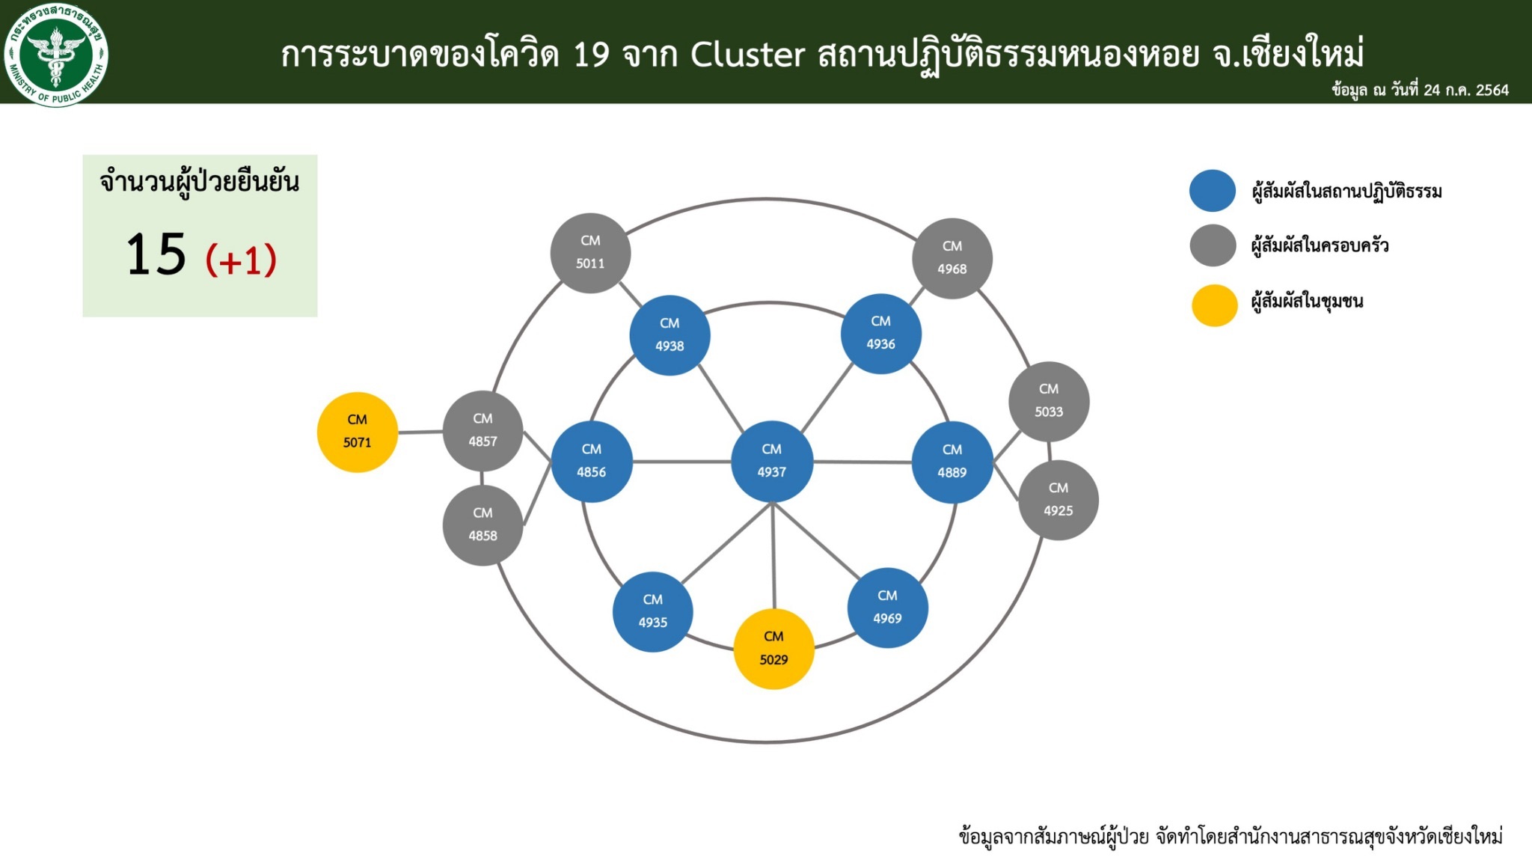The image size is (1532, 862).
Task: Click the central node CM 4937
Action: point(772,461)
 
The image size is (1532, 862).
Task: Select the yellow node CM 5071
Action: point(358,432)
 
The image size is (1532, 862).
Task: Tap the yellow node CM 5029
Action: point(773,649)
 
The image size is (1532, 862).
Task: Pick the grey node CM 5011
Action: point(590,253)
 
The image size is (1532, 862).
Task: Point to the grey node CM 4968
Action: point(952,258)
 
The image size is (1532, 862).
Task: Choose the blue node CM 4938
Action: point(670,335)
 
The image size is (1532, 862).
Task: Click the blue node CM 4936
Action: point(881,333)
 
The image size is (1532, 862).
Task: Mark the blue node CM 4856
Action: point(592,462)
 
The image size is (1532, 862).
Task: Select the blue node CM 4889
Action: point(952,462)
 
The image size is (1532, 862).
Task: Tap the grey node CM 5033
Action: point(1049,401)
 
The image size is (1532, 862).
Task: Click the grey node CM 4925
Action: point(1058,500)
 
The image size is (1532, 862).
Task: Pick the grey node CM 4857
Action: point(483,431)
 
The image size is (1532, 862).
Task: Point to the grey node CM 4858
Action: point(483,525)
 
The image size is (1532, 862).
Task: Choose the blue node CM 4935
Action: point(653,611)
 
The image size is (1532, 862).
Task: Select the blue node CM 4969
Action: point(888,608)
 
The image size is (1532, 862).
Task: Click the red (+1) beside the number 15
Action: point(241,260)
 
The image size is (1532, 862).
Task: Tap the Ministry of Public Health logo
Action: point(56,55)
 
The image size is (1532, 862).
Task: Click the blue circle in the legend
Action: point(1213,191)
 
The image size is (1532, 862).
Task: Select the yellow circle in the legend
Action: point(1214,305)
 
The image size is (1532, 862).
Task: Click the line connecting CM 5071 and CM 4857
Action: point(420,432)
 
